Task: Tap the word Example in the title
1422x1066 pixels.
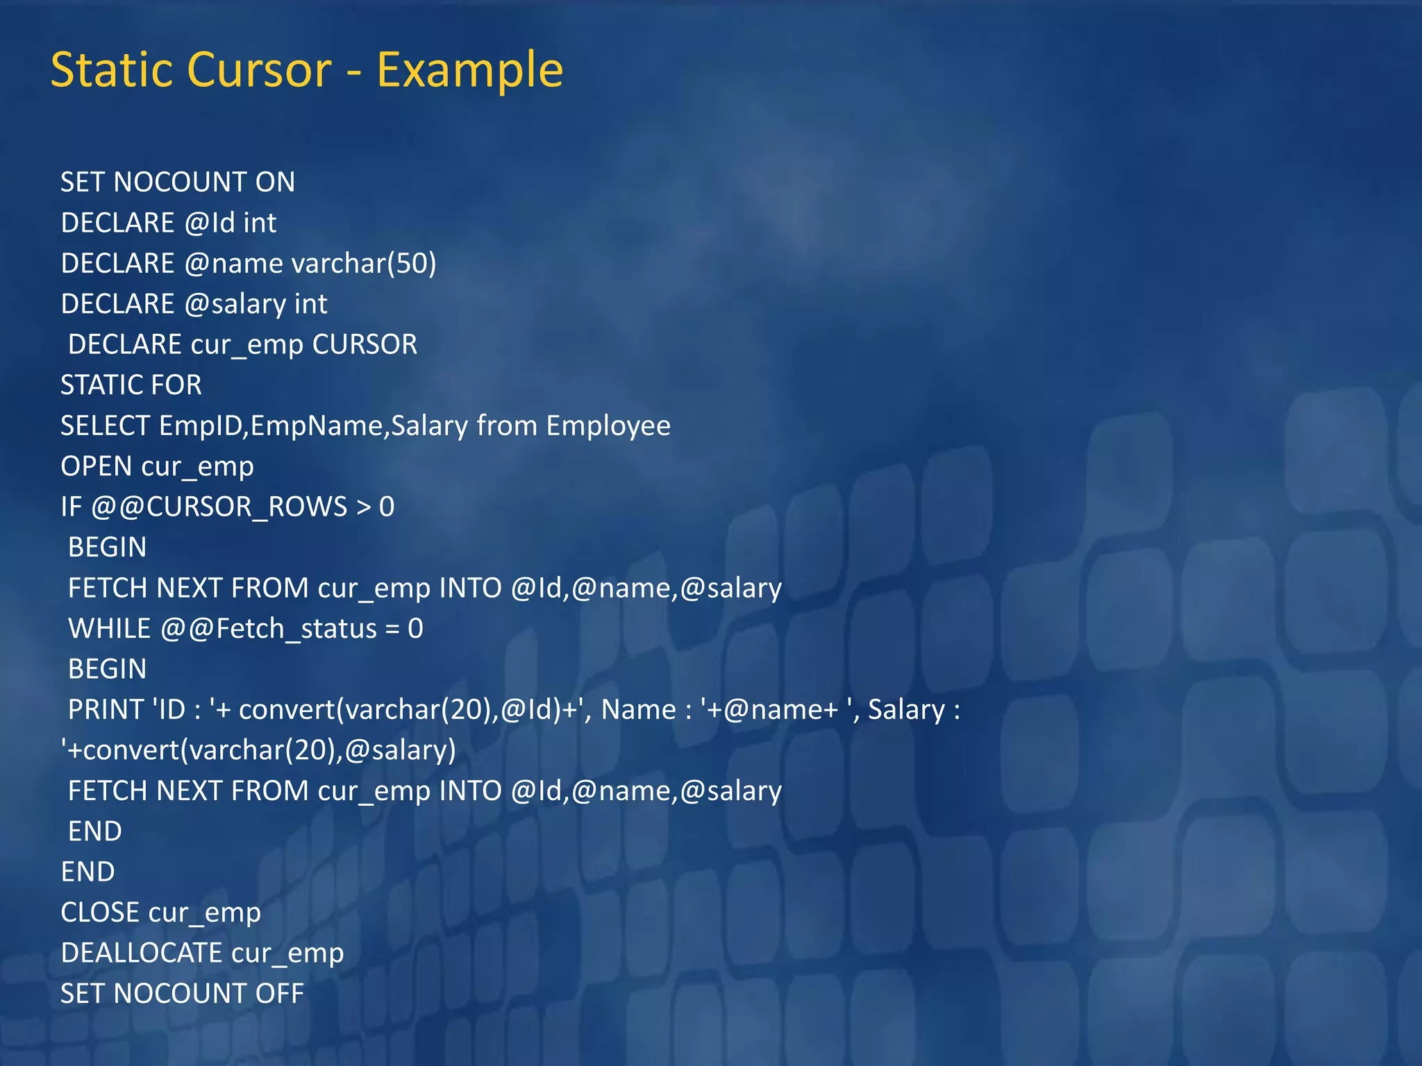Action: coord(469,70)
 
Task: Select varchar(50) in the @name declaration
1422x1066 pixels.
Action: coord(364,264)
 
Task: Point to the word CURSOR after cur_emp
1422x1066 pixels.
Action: coord(365,345)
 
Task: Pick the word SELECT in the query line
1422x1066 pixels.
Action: coord(105,426)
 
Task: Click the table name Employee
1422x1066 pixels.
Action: coord(608,426)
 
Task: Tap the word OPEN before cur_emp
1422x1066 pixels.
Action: coord(96,466)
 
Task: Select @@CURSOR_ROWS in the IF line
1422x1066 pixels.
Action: coord(219,507)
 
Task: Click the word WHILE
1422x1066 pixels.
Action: coord(109,629)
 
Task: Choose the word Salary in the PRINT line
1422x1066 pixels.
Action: coord(906,710)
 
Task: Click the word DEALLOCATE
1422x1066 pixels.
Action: coord(142,954)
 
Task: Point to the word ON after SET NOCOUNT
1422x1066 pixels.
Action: coord(275,183)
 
